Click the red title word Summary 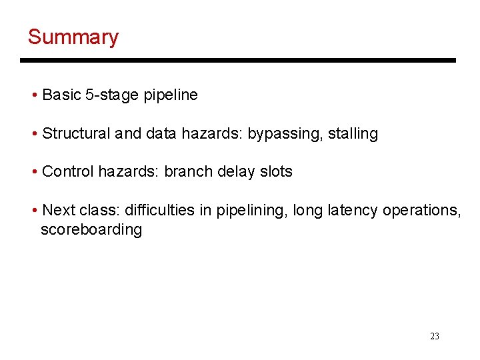tap(73, 37)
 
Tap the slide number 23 tap(435, 336)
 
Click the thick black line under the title tap(238, 61)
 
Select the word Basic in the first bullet tap(61, 95)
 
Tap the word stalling tap(353, 134)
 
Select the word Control tap(68, 171)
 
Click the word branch tap(187, 171)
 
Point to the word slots tap(276, 171)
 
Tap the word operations tap(421, 210)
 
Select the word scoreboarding tap(91, 230)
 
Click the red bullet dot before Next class tap(34, 211)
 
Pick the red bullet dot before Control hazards tap(34, 172)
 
